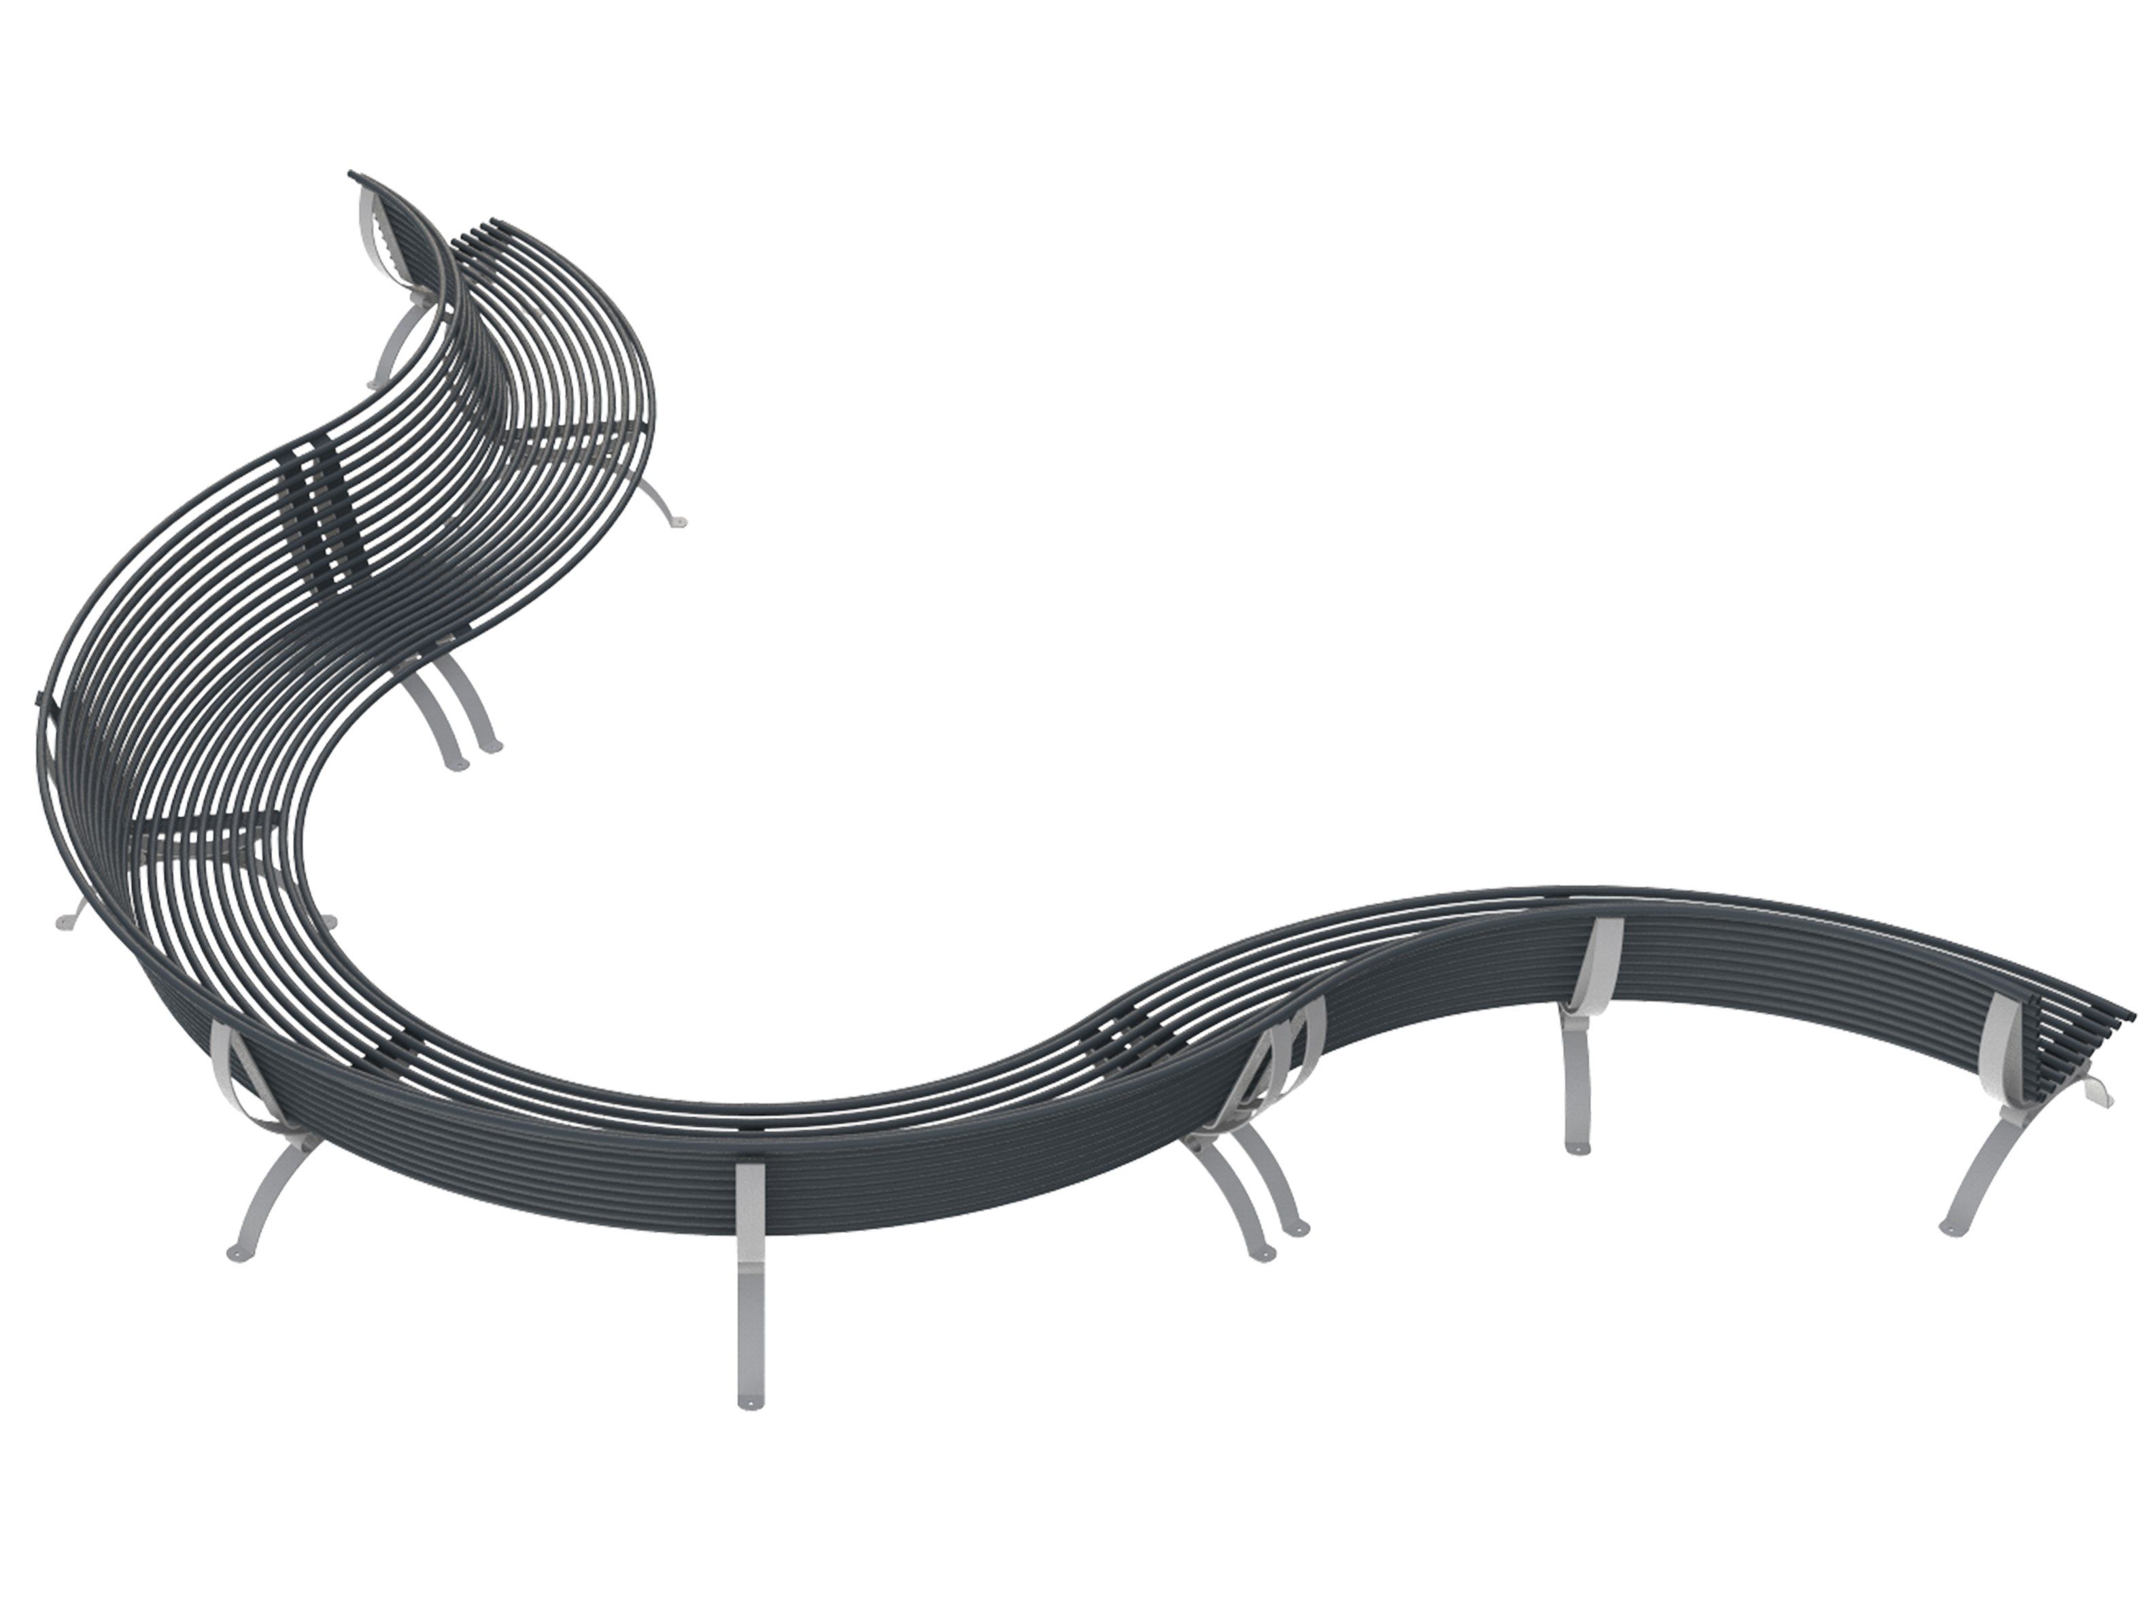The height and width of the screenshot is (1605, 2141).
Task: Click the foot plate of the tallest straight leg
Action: [x=747, y=1400]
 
